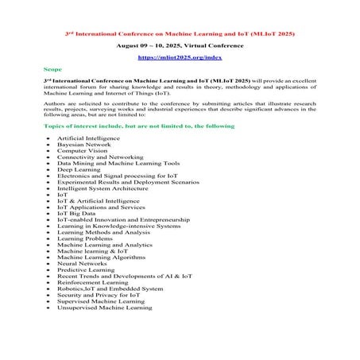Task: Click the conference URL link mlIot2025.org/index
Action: [180, 58]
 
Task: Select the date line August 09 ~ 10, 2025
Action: [180, 47]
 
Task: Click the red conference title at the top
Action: [180, 35]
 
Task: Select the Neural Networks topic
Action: [83, 263]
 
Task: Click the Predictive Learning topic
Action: [86, 269]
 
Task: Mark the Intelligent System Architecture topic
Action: [102, 187]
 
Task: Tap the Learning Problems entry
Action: [85, 238]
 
